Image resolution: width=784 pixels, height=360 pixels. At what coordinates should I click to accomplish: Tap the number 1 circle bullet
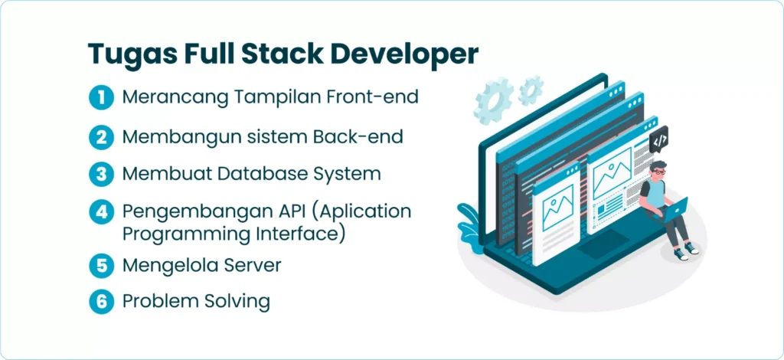pyautogui.click(x=102, y=97)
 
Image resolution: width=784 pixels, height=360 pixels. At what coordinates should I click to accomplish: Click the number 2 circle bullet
pyautogui.click(x=102, y=136)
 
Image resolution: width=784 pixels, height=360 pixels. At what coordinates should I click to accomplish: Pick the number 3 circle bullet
pyautogui.click(x=102, y=174)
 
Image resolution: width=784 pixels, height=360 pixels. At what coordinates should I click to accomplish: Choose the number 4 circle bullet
pyautogui.click(x=102, y=212)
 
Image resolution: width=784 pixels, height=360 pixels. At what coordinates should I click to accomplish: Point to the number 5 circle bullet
pyautogui.click(x=102, y=266)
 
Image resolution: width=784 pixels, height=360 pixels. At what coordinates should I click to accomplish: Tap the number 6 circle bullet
pyautogui.click(x=102, y=301)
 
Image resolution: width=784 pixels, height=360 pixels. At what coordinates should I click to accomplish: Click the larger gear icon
pyautogui.click(x=494, y=100)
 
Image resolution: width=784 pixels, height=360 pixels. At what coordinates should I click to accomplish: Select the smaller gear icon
pyautogui.click(x=531, y=90)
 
